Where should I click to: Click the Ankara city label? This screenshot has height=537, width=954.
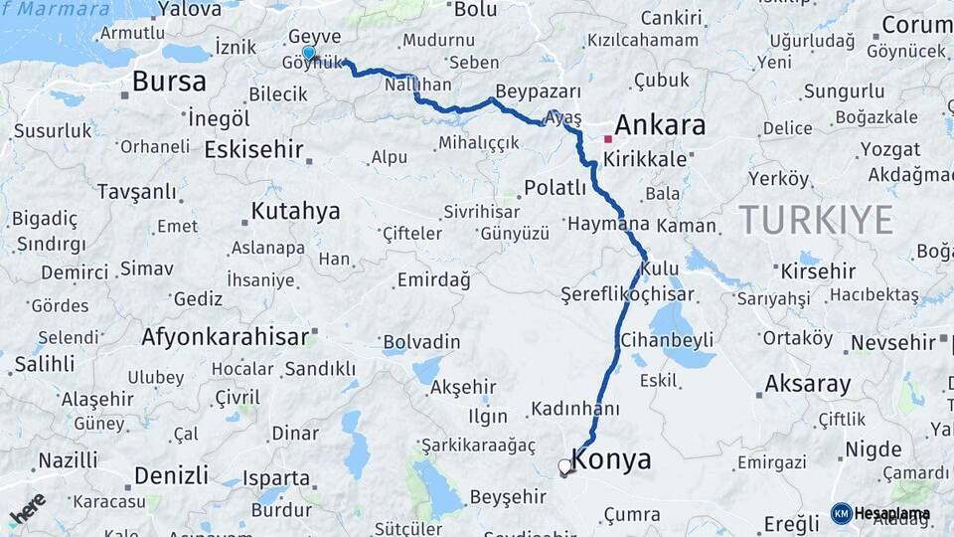[660, 125]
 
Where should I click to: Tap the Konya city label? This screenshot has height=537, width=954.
[612, 459]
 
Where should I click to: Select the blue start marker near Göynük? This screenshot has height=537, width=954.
[309, 53]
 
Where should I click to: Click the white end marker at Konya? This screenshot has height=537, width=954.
[565, 465]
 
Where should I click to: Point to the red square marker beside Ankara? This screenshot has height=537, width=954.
[607, 139]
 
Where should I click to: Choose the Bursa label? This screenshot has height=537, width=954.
[169, 82]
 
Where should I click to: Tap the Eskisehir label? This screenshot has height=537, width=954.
[251, 149]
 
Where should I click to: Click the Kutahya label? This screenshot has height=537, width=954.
[295, 211]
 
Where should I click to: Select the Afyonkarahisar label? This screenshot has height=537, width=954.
[226, 337]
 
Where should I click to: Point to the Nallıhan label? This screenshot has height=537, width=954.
[417, 87]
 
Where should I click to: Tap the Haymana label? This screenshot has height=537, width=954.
[607, 225]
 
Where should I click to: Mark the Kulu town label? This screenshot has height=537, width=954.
[660, 268]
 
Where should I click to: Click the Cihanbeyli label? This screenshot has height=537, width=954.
[667, 340]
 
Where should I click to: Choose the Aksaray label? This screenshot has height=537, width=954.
[808, 384]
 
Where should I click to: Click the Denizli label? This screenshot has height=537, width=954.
[171, 474]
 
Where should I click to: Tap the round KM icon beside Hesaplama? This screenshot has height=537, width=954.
[841, 513]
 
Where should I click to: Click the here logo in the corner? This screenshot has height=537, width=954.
[28, 508]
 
